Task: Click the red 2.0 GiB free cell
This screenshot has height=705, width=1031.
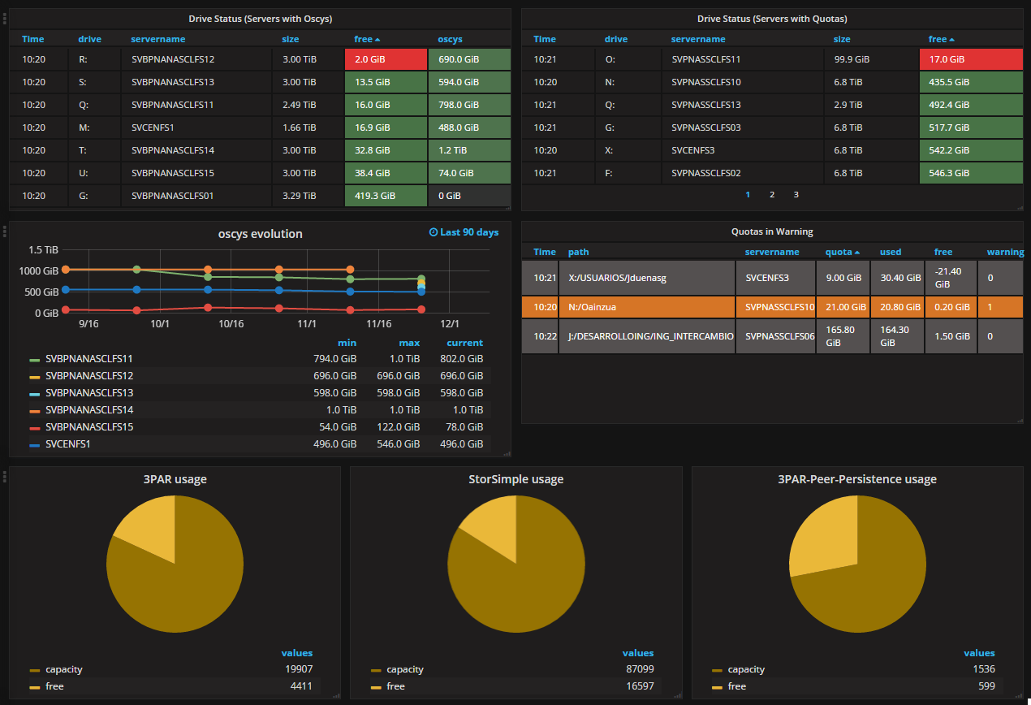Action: [386, 59]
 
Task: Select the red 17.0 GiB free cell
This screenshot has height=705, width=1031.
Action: [971, 59]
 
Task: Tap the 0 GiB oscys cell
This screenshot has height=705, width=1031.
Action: [469, 196]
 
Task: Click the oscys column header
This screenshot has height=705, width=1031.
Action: [450, 39]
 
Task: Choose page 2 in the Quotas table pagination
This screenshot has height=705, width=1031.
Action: [772, 195]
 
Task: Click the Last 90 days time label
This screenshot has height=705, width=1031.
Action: [464, 232]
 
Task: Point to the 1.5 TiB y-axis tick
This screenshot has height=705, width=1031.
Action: [43, 250]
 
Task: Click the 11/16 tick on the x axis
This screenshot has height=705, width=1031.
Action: [378, 324]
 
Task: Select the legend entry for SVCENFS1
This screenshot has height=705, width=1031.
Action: [67, 444]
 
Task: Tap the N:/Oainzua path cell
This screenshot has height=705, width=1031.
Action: [646, 307]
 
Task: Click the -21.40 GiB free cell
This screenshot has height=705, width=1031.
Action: [951, 278]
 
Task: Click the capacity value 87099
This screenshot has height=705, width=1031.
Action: [640, 669]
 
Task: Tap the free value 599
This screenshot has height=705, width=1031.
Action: [986, 686]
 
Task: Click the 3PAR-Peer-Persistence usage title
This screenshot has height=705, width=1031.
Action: [857, 479]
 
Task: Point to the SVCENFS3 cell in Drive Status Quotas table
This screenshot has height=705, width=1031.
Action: [692, 150]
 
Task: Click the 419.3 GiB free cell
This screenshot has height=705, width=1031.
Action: [386, 196]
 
